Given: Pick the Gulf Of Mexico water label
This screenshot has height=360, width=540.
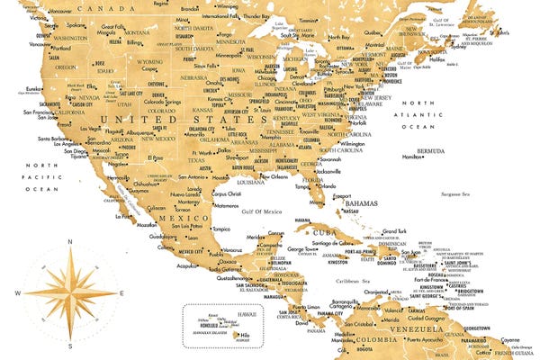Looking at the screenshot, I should [262, 211].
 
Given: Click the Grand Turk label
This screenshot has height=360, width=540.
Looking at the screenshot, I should [397, 231].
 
